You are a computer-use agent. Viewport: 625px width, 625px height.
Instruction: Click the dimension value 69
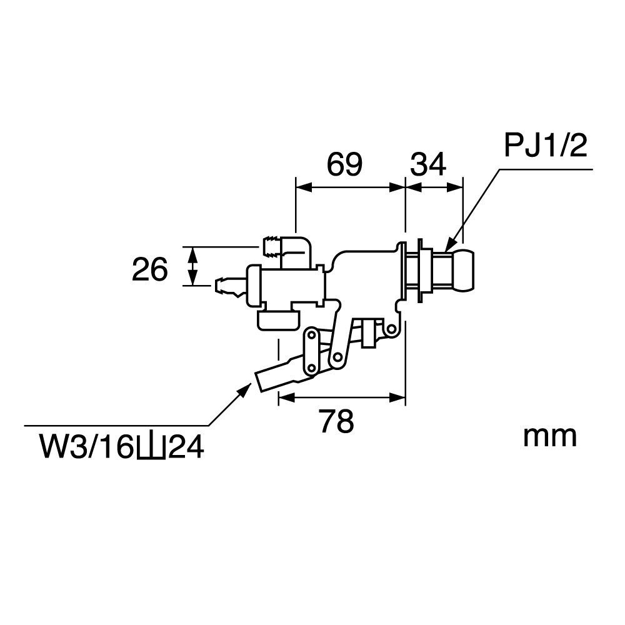click(344, 164)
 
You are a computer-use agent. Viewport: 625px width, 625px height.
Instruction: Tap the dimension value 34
click(428, 164)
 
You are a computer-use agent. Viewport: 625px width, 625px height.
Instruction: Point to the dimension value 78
click(336, 421)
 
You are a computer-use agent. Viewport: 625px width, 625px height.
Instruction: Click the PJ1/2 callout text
click(545, 146)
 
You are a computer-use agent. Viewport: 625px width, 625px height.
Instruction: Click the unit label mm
click(549, 437)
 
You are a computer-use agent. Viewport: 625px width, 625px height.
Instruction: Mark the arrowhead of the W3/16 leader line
click(244, 389)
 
